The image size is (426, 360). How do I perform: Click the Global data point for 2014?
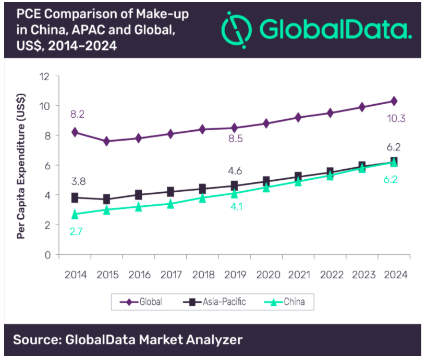(x=75, y=132)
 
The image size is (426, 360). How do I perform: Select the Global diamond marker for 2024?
(x=394, y=101)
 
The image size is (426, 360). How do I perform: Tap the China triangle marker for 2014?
(x=75, y=214)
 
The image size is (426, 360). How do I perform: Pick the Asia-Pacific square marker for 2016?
(x=139, y=195)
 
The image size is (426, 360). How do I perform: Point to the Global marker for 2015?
(x=107, y=141)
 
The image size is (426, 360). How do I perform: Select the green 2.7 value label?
(x=76, y=230)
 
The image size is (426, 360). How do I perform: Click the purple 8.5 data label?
(x=235, y=139)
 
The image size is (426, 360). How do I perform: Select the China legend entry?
(x=286, y=301)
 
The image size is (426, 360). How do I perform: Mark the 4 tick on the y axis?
(x=46, y=195)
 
